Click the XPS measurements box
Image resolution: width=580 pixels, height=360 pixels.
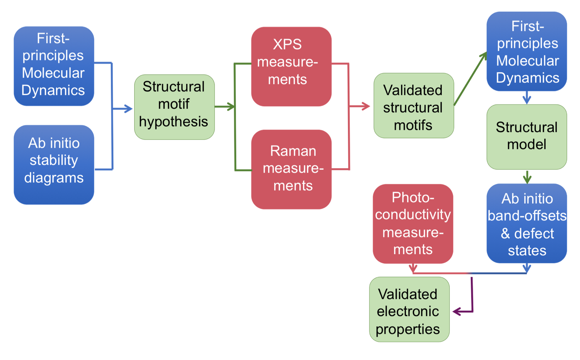[x=291, y=66]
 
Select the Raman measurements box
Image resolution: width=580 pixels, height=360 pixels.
[x=291, y=169]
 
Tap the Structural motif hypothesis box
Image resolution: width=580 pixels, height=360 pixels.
[x=174, y=107]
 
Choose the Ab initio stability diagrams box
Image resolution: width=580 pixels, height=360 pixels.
[x=54, y=164]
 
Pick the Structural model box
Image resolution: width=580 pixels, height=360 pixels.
[x=527, y=136]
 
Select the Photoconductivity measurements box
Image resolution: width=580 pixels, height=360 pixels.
[x=413, y=224]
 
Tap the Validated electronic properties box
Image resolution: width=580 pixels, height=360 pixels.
[x=409, y=309]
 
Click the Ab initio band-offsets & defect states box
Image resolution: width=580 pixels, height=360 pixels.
[x=527, y=223]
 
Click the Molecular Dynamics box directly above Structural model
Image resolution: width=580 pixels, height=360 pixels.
[x=527, y=51]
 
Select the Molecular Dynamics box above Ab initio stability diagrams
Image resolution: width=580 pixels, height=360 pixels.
[x=54, y=66]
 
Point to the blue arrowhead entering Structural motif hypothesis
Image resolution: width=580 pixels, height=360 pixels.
[x=128, y=109]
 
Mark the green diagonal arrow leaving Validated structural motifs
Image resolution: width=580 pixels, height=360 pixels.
[x=470, y=79]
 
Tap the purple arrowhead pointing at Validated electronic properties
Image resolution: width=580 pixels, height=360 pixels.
[x=457, y=311]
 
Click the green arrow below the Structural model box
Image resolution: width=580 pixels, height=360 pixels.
[x=527, y=177]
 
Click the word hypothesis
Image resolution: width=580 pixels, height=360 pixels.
[x=173, y=122]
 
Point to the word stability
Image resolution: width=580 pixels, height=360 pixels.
[x=54, y=160]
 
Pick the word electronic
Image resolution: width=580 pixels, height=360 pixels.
[x=408, y=311]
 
